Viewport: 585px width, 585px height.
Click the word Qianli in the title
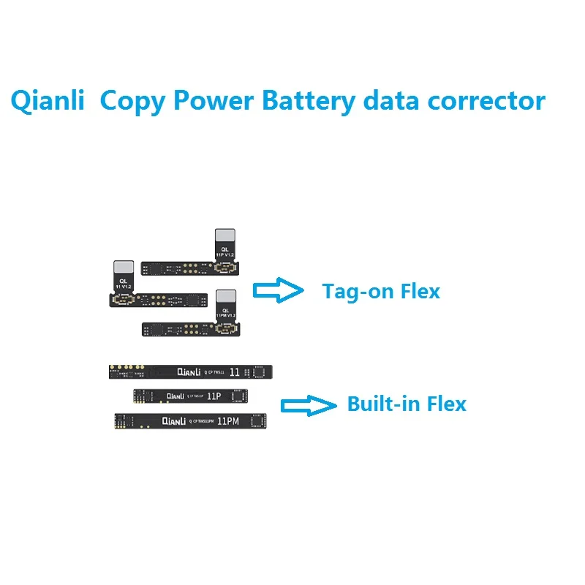coord(46,101)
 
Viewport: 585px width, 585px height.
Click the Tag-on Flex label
coord(381,291)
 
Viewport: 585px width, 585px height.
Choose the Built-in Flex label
coord(407,403)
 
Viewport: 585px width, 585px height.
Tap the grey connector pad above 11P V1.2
coord(225,236)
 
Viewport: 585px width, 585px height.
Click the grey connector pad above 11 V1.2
coord(124,268)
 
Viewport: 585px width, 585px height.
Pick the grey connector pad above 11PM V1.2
coord(225,299)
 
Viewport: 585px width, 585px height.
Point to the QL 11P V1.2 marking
coord(225,252)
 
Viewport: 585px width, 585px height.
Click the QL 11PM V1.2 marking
coord(225,315)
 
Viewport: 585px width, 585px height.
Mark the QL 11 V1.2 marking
coord(124,284)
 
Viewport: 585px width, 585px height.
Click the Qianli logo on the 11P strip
coord(175,396)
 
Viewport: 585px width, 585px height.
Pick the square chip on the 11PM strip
coord(257,420)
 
